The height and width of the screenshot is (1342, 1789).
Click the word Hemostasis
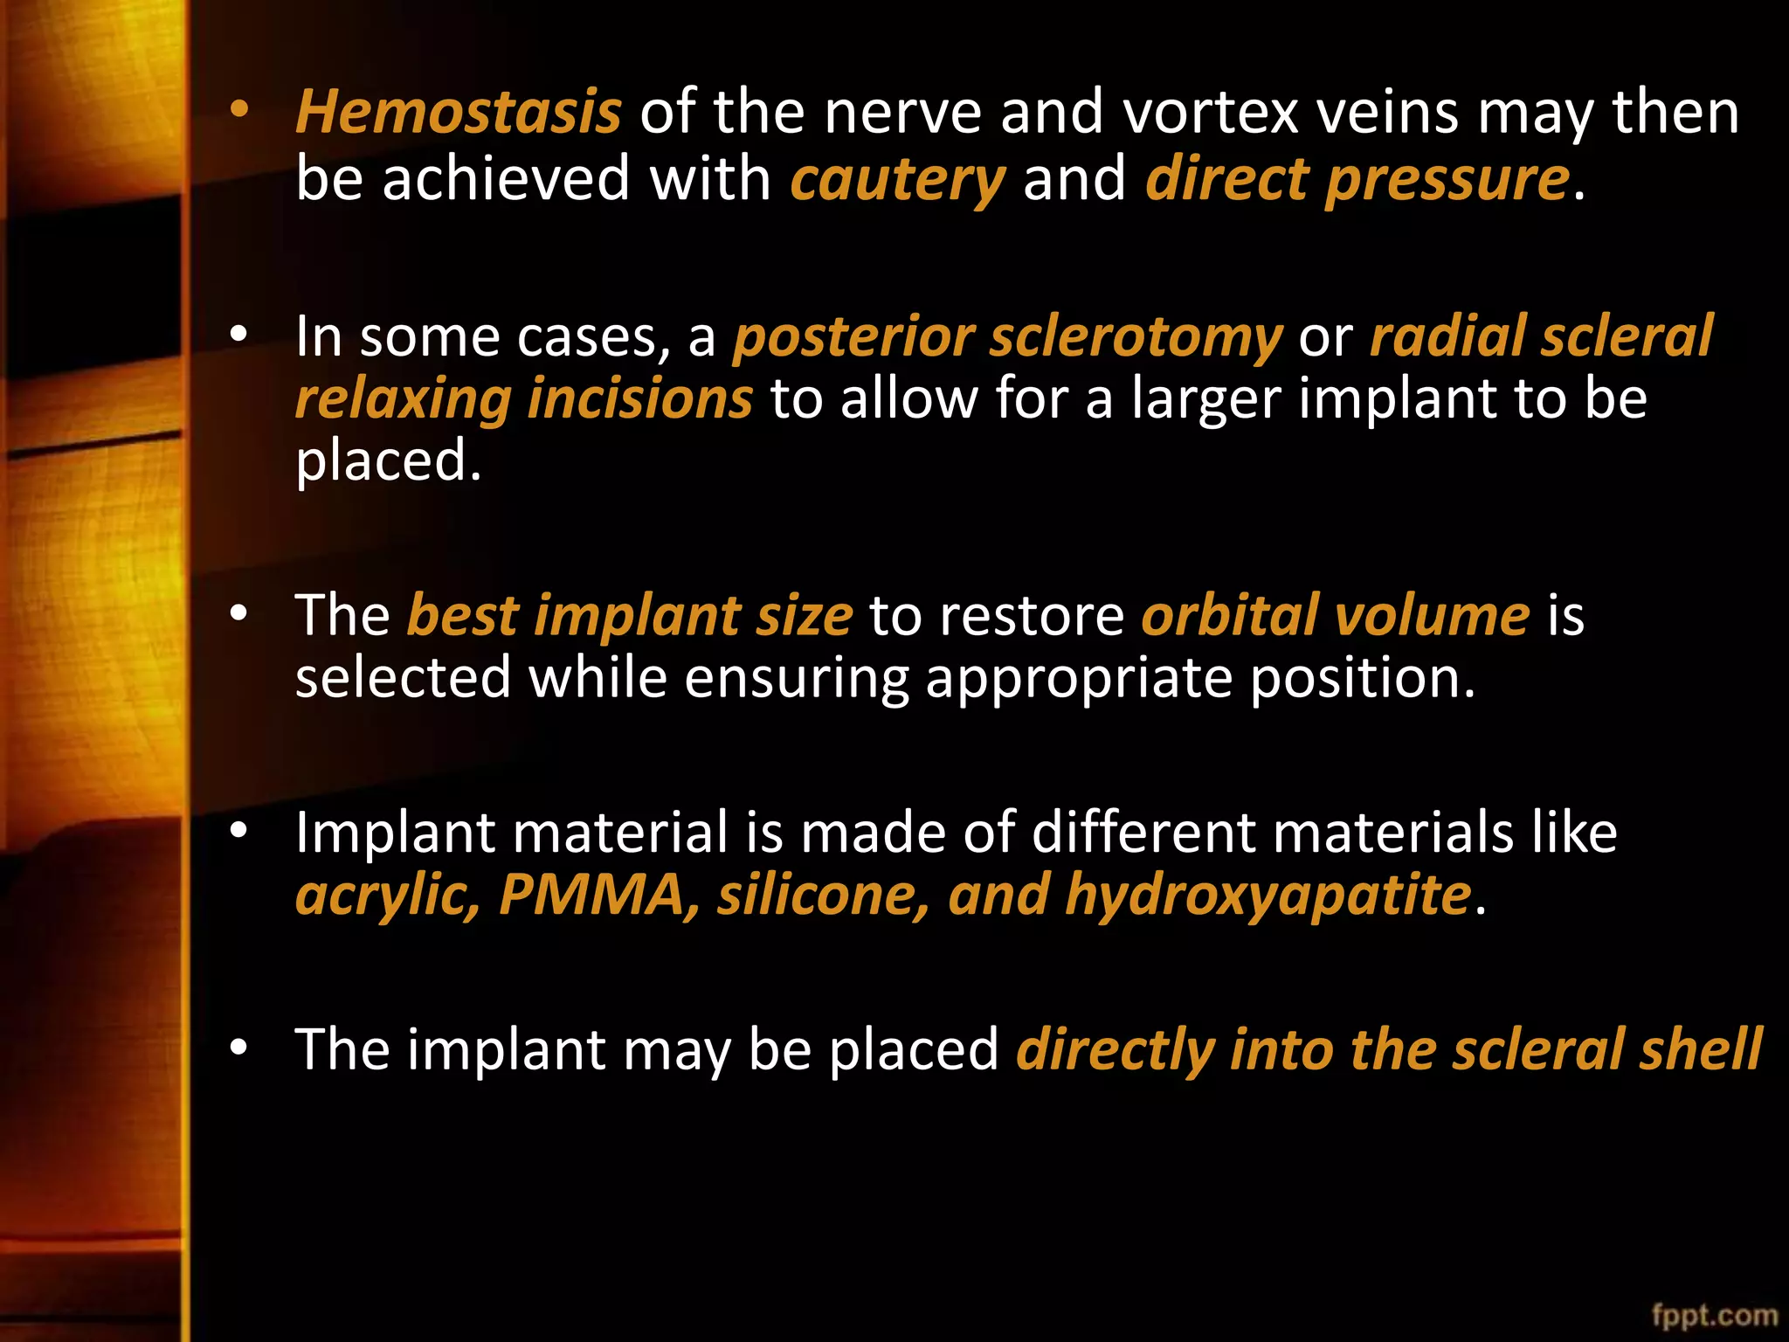coord(458,114)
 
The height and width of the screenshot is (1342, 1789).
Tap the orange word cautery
coord(897,180)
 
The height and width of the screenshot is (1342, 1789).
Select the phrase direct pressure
coord(1357,180)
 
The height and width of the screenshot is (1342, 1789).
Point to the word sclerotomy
coord(1135,338)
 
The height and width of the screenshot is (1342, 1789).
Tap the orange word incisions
coord(639,399)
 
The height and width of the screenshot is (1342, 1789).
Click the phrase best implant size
coord(629,617)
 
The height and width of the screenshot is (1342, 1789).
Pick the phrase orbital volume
coord(1335,616)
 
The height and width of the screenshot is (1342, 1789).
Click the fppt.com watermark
coord(1714,1315)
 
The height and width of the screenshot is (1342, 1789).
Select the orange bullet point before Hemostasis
coord(239,110)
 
